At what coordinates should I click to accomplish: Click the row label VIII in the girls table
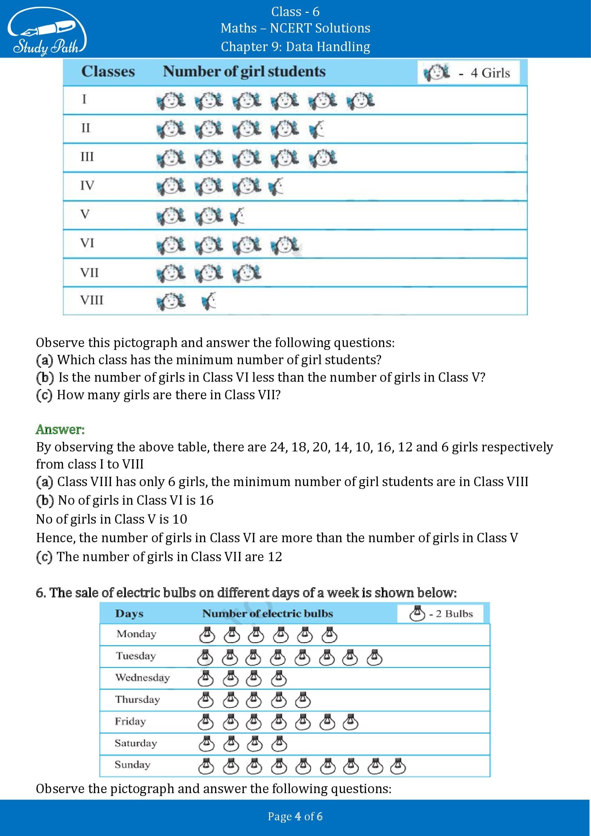tap(92, 300)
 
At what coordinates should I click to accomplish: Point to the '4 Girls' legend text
tap(490, 73)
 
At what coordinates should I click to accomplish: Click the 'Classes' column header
tap(108, 71)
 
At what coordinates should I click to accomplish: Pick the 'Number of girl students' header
tap(244, 71)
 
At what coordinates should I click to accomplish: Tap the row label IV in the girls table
tap(87, 186)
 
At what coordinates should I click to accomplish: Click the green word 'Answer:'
tap(60, 430)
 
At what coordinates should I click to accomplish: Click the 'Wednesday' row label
tap(142, 678)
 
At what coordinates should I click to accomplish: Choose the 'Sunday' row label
tap(132, 765)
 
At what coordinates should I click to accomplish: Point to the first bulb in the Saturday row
tap(206, 744)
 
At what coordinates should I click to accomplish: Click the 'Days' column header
tap(129, 614)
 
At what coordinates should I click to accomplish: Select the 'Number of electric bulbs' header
tap(268, 614)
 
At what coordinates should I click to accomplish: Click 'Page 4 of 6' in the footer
tap(295, 816)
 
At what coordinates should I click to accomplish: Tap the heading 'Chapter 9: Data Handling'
tap(295, 46)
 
